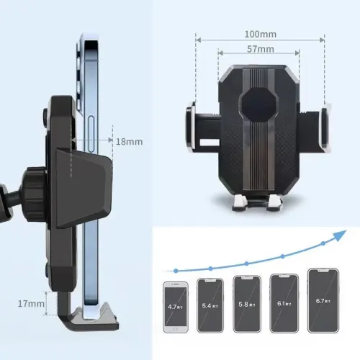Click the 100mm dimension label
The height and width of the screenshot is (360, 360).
click(x=258, y=34)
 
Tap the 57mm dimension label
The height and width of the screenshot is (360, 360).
click(x=258, y=49)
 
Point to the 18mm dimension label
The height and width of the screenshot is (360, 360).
click(x=130, y=142)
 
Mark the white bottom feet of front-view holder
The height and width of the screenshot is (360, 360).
click(x=258, y=204)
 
